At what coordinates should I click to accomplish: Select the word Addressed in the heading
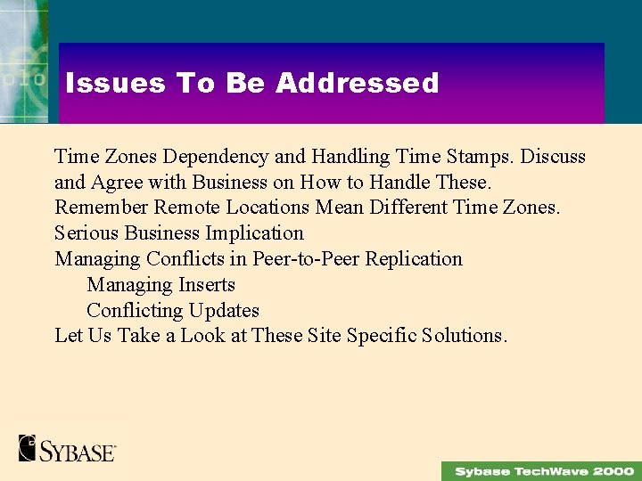coord(357,83)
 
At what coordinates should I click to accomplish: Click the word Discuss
coord(553,157)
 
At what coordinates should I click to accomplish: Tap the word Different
coord(405,208)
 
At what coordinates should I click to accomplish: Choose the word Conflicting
coord(134,311)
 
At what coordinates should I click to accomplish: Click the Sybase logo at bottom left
coord(67,447)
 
